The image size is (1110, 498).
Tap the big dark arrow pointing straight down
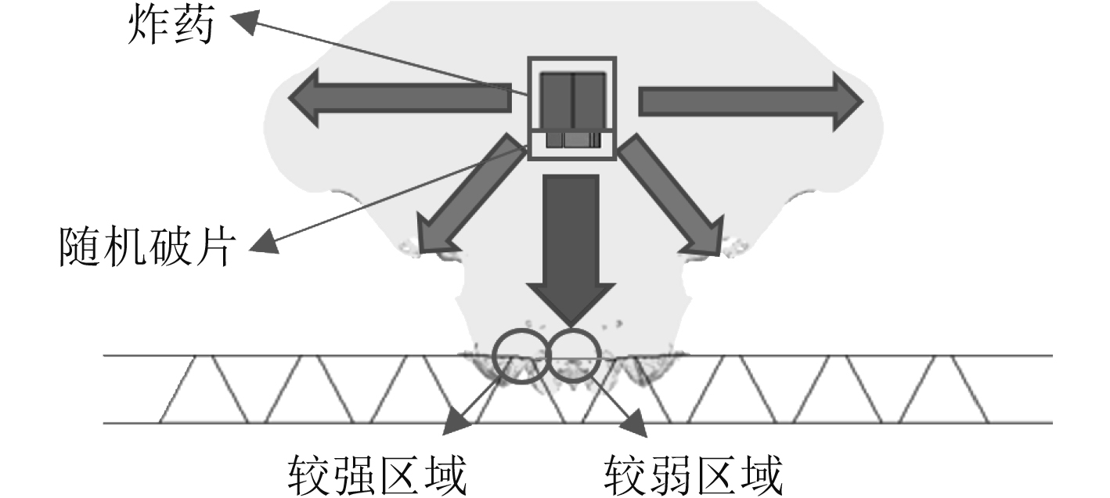[x=571, y=251]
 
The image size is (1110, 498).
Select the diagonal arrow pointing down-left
[x=470, y=200]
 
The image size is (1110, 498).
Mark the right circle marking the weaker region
[x=575, y=357]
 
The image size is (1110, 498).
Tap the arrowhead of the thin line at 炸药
[x=243, y=23]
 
